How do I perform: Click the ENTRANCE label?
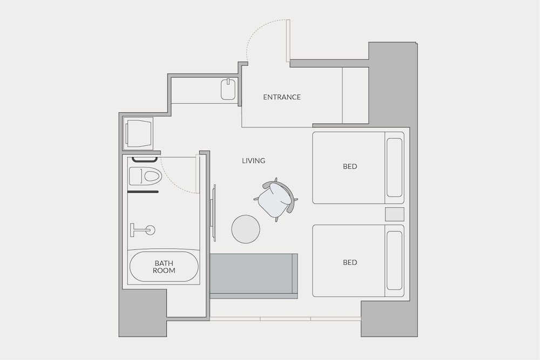(282, 97)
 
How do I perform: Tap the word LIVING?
(253, 160)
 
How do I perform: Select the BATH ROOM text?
(164, 267)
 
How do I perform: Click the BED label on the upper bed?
(350, 166)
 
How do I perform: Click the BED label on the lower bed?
(350, 262)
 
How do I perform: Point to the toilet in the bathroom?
(145, 176)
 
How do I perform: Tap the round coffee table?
(246, 229)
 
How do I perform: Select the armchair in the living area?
(275, 200)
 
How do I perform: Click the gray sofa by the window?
(254, 276)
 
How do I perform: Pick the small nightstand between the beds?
(394, 214)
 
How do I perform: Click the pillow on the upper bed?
(394, 168)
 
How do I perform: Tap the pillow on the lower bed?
(394, 261)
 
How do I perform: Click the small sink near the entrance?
(228, 89)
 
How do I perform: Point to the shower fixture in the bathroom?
(143, 230)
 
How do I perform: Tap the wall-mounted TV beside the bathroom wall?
(213, 213)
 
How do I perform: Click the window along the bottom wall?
(286, 319)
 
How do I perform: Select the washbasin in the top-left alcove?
(139, 133)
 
